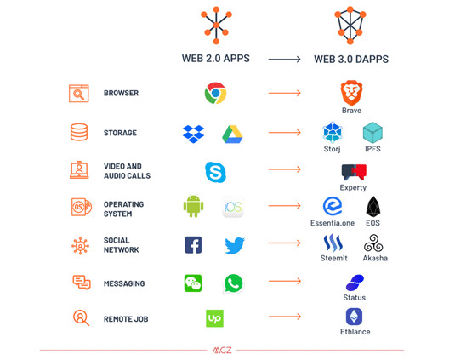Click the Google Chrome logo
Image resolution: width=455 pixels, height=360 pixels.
[214, 93]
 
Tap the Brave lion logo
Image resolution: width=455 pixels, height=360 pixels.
[351, 92]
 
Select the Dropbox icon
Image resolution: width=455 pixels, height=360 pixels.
[193, 133]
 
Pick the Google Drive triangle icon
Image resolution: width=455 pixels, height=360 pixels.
[233, 134]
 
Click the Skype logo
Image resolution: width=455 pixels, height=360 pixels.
[214, 171]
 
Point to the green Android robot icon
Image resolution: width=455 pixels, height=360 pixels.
[193, 207]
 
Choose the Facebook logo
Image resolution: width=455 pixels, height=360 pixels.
[193, 245]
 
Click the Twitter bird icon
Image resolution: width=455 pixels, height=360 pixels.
[234, 246]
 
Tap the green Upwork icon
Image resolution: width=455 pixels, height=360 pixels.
[214, 318]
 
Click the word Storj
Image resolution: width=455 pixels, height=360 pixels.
[333, 150]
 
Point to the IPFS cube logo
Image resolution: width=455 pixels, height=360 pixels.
[373, 133]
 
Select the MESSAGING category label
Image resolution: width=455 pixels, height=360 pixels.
[124, 283]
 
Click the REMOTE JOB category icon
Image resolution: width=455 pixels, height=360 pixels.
[81, 318]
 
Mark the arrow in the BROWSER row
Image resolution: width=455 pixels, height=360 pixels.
[285, 93]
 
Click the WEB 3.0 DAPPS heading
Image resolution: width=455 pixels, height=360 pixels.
[350, 60]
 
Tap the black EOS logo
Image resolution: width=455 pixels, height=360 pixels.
[373, 206]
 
